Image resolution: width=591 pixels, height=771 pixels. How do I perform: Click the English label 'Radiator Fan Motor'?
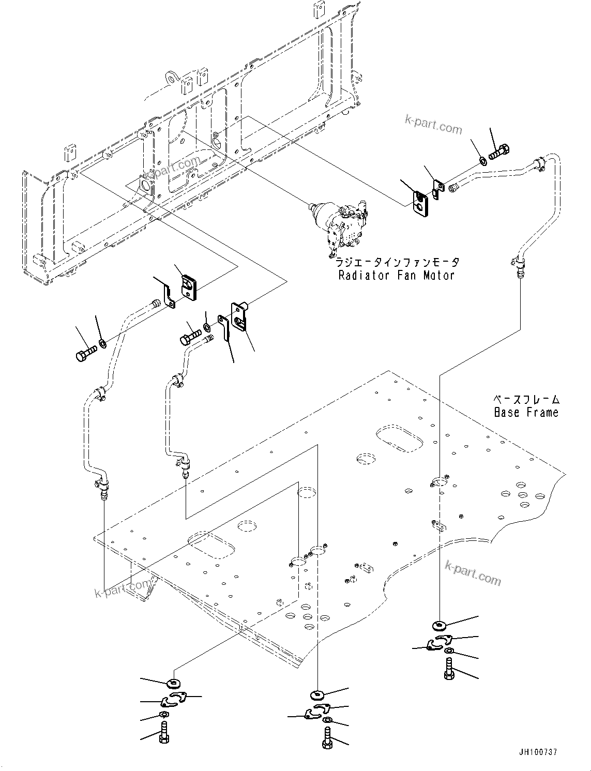point(396,275)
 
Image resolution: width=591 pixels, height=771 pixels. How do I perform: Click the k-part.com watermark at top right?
point(433,125)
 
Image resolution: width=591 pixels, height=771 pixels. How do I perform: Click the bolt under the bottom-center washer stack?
point(327,736)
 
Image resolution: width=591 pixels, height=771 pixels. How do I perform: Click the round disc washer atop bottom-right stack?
point(440,626)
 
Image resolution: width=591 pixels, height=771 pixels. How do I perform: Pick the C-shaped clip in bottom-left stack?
point(171,700)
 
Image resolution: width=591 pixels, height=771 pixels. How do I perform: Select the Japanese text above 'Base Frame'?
point(525,399)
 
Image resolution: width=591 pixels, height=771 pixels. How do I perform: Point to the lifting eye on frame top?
point(170,78)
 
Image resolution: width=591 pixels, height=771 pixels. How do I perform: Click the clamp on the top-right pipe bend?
point(538,165)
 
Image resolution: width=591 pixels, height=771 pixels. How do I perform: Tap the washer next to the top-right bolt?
point(482,160)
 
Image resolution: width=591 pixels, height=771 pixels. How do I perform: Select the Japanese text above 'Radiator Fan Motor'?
point(396,262)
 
